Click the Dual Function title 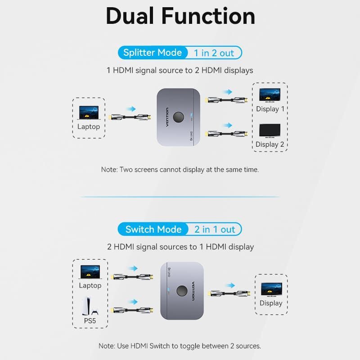coord(180,16)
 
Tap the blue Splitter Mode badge coord(152,53)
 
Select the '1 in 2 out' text coord(214,53)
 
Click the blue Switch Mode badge coord(153,229)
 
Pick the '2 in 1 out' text coord(215,229)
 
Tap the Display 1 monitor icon coord(270,95)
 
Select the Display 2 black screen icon coord(270,131)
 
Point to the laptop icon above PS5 coord(90,271)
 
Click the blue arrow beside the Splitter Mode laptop coord(130,108)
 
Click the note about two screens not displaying coord(180,170)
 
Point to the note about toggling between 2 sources coord(180,346)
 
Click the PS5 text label coord(90,321)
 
